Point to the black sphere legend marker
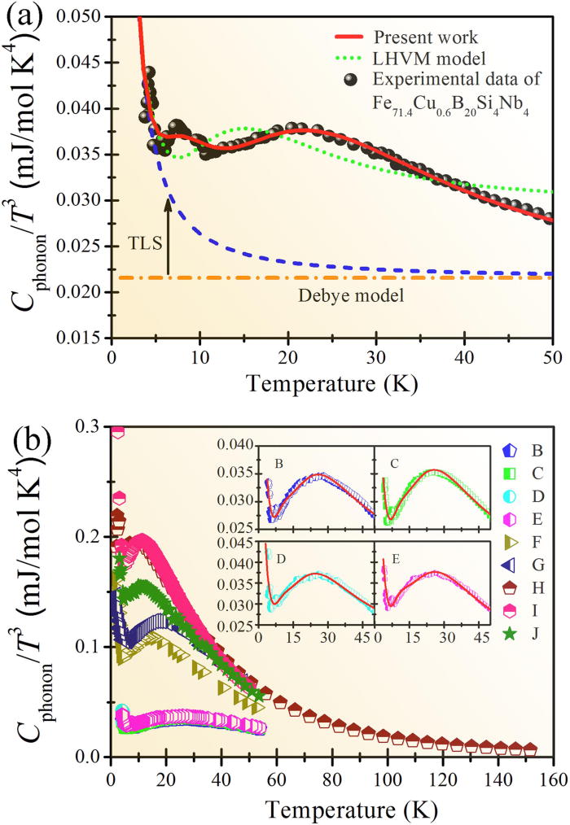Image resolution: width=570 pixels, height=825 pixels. click(x=350, y=79)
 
